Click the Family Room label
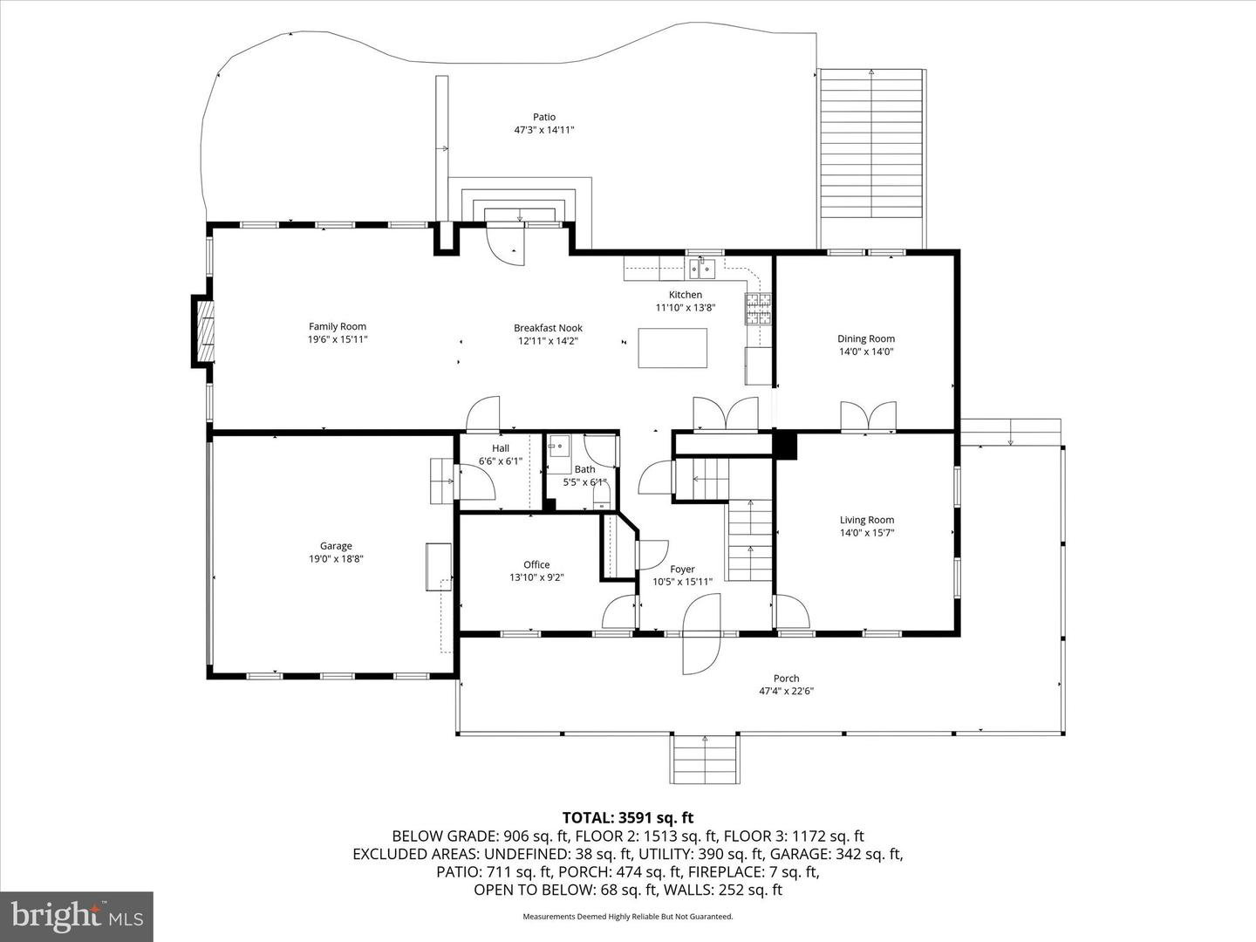(x=337, y=326)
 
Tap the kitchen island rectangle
(x=672, y=348)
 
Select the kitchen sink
(x=701, y=268)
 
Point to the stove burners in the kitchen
(x=758, y=309)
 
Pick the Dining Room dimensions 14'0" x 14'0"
(x=866, y=352)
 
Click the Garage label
(x=336, y=546)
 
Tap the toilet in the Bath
(x=601, y=495)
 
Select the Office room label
(x=536, y=564)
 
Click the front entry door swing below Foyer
(x=701, y=634)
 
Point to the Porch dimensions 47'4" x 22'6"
(x=786, y=691)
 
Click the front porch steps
(x=705, y=759)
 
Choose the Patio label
(x=544, y=117)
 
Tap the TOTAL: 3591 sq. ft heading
(x=628, y=818)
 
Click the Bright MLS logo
(x=77, y=916)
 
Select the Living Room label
(x=866, y=520)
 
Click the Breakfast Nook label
(x=548, y=328)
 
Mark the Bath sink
(x=557, y=446)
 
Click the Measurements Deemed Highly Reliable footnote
(x=628, y=916)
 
